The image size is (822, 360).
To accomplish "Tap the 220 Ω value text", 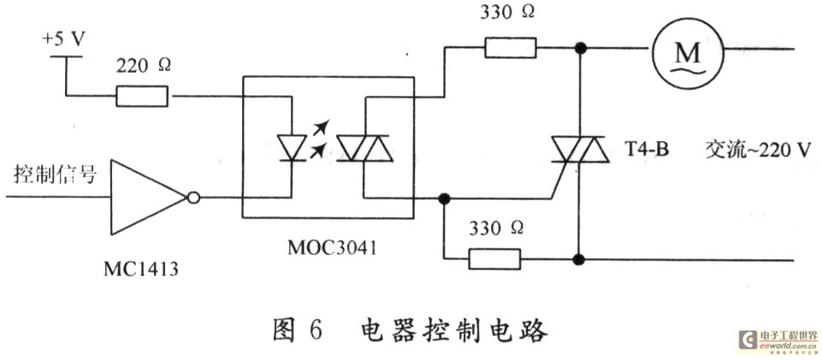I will click(143, 67).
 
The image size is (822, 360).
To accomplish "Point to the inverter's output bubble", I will click(193, 198).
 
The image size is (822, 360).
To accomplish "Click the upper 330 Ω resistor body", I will click(511, 48).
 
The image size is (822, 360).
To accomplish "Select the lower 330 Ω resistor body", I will click(494, 258).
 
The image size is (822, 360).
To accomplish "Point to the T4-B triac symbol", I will click(580, 150).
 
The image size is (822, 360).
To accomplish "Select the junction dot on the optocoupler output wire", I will click(444, 199).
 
